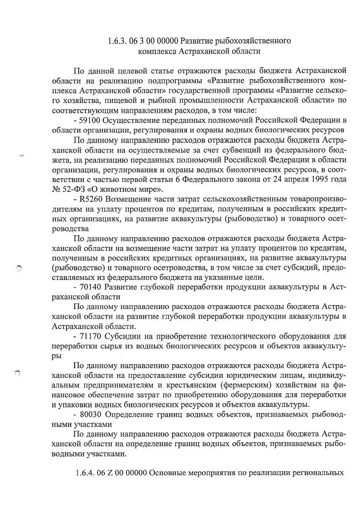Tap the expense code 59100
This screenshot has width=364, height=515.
pos(92,120)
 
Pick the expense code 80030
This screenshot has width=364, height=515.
pos(92,414)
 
